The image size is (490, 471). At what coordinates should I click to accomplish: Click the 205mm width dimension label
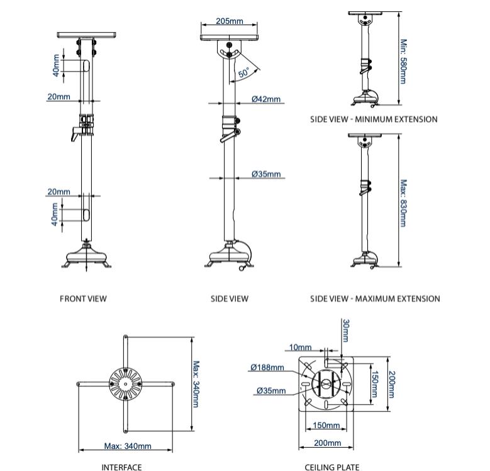coord(229,21)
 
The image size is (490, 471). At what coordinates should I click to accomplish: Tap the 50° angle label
coord(244,72)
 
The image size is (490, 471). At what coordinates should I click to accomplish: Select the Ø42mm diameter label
coord(266,99)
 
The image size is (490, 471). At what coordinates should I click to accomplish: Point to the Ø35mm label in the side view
coord(266,174)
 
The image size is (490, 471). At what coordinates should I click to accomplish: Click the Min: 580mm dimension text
coord(403,61)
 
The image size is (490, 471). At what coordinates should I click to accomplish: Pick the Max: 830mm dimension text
coord(403,203)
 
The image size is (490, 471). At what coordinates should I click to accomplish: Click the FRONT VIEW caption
coord(83,298)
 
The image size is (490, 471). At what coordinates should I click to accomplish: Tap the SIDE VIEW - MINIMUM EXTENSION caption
coord(374,119)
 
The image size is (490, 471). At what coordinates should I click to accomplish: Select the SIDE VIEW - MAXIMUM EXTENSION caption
coord(375,298)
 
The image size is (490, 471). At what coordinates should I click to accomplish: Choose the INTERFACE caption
coord(121,467)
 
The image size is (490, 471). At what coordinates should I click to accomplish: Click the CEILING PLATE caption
coord(332,467)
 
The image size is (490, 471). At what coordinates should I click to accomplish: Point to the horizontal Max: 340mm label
coord(128,446)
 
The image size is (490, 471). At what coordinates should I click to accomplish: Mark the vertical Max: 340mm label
coord(196,383)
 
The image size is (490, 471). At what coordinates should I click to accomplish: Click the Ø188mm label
coord(267,367)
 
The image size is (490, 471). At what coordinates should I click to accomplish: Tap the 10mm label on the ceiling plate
coord(300,347)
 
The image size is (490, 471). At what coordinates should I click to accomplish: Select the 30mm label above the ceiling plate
coord(345,330)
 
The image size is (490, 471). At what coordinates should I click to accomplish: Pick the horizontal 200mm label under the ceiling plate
coord(327,443)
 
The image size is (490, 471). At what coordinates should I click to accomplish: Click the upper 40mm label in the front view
coord(56,66)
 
